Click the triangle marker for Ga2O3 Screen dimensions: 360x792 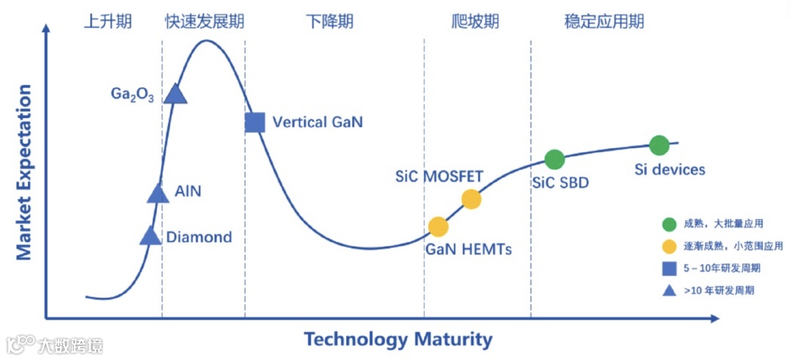tap(175, 94)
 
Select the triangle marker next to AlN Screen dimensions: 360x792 tap(158, 194)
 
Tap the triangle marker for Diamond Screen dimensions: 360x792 tap(150, 236)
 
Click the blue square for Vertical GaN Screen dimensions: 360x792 tap(254, 122)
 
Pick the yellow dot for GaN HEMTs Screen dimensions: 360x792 tap(438, 227)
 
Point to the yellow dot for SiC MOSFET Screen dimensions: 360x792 tap(471, 199)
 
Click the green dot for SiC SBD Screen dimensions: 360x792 tap(554, 159)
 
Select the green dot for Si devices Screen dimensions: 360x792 tap(659, 145)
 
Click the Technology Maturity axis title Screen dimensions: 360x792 tap(398, 340)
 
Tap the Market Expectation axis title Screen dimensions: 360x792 tap(24, 173)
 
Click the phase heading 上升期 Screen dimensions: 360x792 tap(107, 21)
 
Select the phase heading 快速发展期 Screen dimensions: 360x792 tap(205, 21)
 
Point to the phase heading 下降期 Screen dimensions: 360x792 tap(329, 21)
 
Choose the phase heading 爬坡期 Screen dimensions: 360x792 tap(475, 21)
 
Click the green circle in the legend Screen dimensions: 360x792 tap(669, 224)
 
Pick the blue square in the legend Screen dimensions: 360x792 tap(669, 268)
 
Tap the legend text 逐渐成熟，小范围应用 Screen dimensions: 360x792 tap(733, 246)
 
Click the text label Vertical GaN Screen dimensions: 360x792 tap(318, 122)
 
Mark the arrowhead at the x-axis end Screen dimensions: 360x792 tap(715, 319)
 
